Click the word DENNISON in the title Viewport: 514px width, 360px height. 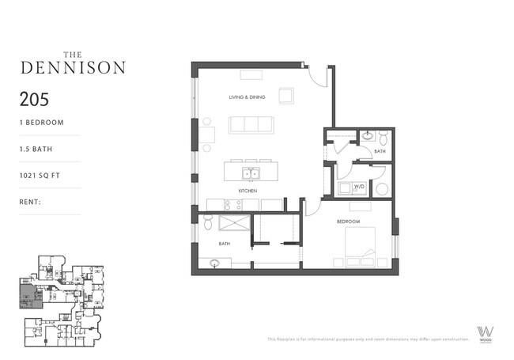[x=72, y=67]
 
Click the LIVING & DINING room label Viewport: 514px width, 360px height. [x=247, y=97]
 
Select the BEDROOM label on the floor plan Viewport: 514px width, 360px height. [x=348, y=222]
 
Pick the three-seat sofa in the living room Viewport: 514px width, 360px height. [x=251, y=125]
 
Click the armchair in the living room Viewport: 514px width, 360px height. [x=285, y=96]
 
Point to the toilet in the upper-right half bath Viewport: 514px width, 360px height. [x=383, y=136]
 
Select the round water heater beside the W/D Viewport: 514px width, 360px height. [x=381, y=188]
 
